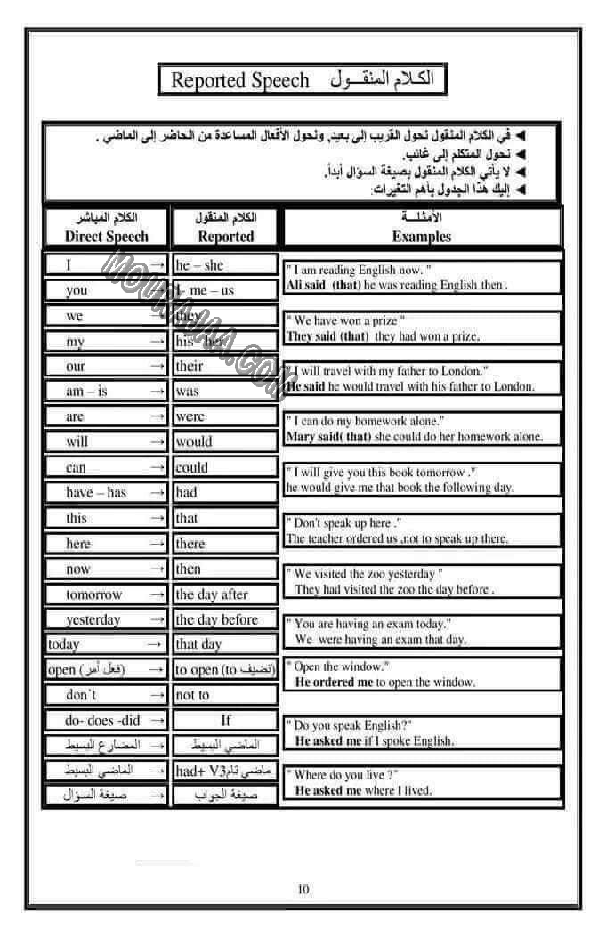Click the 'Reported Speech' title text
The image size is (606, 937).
pos(239,81)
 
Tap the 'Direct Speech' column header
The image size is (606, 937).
pos(107,236)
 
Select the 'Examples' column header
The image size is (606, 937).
pos(421,236)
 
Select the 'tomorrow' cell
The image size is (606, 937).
pos(94,594)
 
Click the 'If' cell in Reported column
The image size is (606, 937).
pos(226,720)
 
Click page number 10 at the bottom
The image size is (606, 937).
pos(303,889)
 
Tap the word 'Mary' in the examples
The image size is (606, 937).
pos(301,438)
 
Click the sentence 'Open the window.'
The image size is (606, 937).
pos(343,666)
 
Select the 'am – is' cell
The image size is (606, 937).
pos(88,391)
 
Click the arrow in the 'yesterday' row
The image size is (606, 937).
pos(157,619)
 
